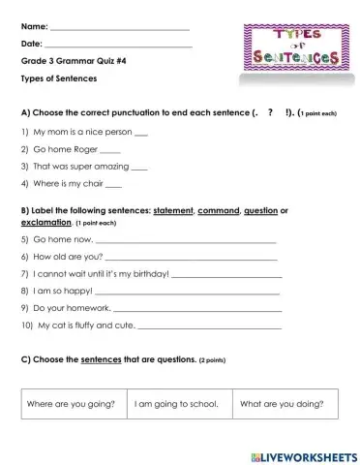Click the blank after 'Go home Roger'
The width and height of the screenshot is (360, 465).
point(110,150)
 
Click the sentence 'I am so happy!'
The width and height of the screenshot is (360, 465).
point(63,290)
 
